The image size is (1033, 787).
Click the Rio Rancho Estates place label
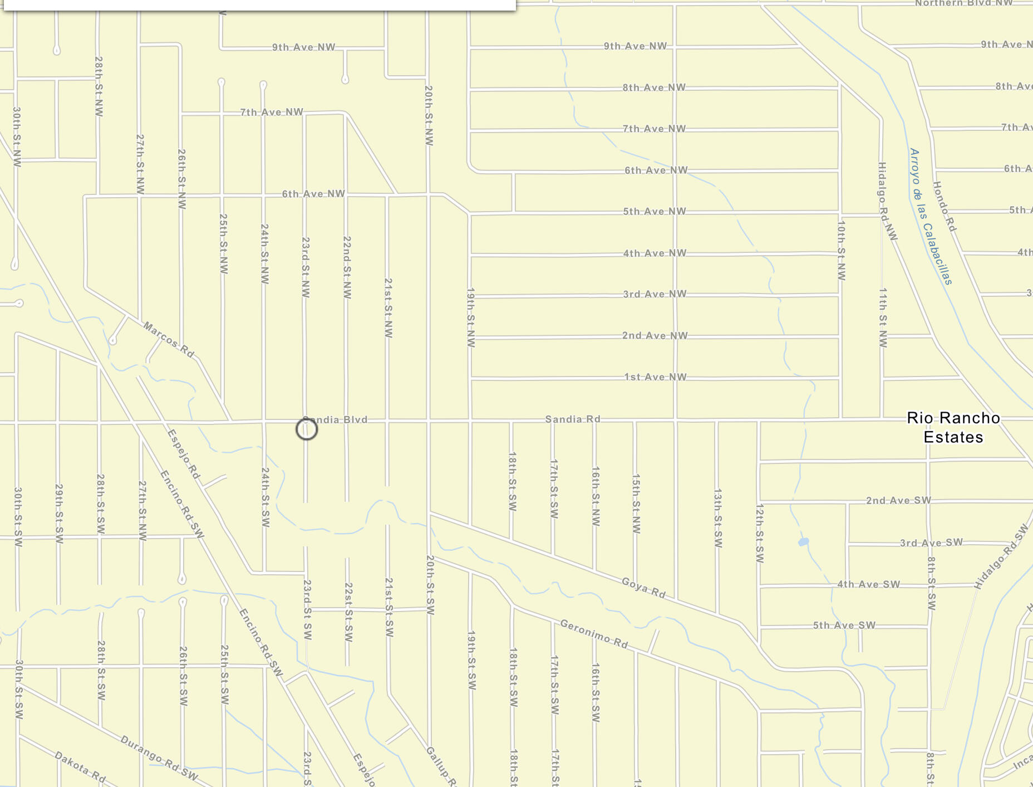click(x=953, y=427)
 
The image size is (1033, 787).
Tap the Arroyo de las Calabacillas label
click(x=931, y=216)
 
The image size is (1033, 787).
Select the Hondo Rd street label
click(x=945, y=207)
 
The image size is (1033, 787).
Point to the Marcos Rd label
click(x=169, y=340)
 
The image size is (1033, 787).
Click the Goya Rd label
click(x=643, y=588)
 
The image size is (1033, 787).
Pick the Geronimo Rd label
click(x=594, y=634)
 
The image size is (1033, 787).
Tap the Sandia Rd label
click(x=573, y=419)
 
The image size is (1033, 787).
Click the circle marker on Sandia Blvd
click(x=307, y=429)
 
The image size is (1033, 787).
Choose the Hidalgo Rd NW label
click(x=887, y=201)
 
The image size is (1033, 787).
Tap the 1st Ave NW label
click(x=655, y=377)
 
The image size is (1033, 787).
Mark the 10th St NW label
click(x=842, y=250)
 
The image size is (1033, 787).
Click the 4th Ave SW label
click(x=868, y=584)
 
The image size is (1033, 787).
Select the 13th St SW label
click(x=718, y=518)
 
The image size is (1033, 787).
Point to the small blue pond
click(x=803, y=541)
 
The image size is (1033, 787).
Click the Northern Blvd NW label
click(x=964, y=3)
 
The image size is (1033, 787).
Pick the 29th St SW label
click(x=59, y=514)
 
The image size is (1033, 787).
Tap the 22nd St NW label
click(x=347, y=267)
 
